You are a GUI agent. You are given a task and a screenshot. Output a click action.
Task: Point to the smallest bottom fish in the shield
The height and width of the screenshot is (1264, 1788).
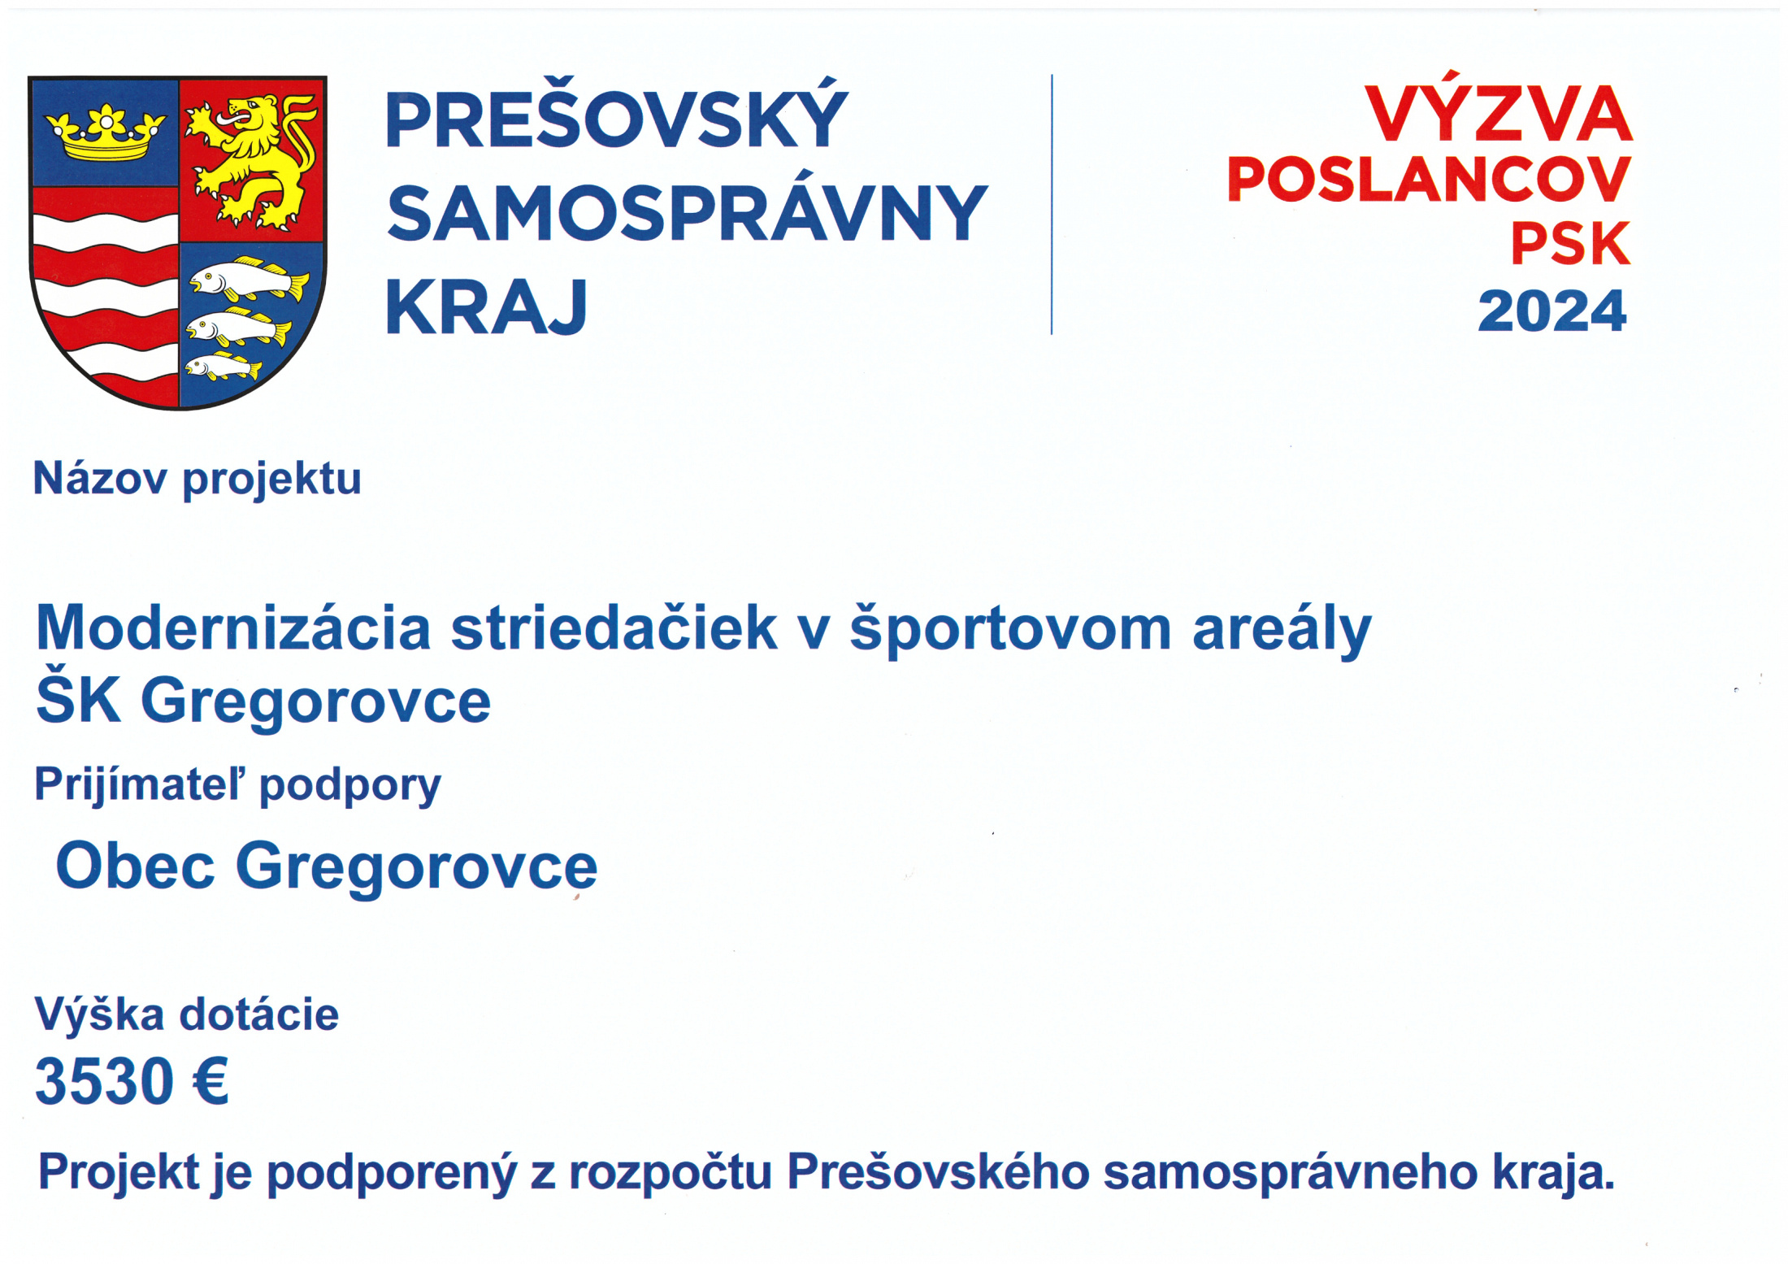click(x=223, y=367)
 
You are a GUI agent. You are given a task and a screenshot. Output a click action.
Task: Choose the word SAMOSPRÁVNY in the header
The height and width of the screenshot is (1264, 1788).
click(x=687, y=212)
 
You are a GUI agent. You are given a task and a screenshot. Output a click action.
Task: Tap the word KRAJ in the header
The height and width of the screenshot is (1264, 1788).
click(x=486, y=306)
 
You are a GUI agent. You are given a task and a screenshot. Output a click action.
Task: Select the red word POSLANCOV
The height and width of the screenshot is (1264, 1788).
click(x=1429, y=179)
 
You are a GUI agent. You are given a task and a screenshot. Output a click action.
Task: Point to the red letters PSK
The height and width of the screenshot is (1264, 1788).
click(x=1570, y=243)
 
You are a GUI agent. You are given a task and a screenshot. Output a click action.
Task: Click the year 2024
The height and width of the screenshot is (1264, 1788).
click(x=1551, y=311)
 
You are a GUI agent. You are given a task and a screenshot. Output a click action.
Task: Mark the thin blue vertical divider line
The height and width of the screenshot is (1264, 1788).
click(x=1052, y=204)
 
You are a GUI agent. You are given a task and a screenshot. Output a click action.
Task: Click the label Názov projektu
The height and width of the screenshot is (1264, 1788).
click(x=197, y=478)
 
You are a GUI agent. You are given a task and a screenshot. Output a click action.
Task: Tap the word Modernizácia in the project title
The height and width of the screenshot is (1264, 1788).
click(x=233, y=628)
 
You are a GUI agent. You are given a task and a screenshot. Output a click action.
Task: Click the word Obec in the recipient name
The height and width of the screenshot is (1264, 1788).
click(x=135, y=866)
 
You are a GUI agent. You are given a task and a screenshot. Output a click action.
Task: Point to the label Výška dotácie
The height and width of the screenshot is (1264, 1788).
click(x=186, y=1014)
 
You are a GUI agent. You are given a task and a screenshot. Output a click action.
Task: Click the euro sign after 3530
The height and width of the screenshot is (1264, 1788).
click(x=210, y=1081)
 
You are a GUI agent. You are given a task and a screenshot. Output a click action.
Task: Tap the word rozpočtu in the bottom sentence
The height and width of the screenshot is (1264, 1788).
click(x=670, y=1173)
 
